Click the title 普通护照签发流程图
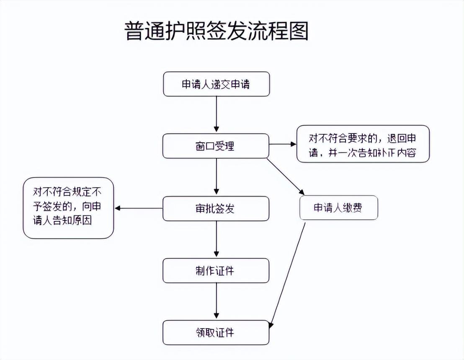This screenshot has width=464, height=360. (x=216, y=32)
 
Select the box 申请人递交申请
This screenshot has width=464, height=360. (x=216, y=84)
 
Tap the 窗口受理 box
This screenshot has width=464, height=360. (x=216, y=146)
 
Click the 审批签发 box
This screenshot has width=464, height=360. (x=216, y=208)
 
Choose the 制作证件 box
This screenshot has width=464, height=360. (x=216, y=270)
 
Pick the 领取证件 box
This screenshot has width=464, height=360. (x=216, y=333)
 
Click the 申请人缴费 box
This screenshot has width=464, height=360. (x=338, y=208)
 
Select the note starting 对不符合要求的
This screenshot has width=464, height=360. (x=363, y=144)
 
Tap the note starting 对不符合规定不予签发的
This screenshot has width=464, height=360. (x=68, y=208)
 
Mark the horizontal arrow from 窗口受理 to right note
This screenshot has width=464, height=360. (x=282, y=144)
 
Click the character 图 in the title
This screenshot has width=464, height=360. (x=299, y=32)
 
